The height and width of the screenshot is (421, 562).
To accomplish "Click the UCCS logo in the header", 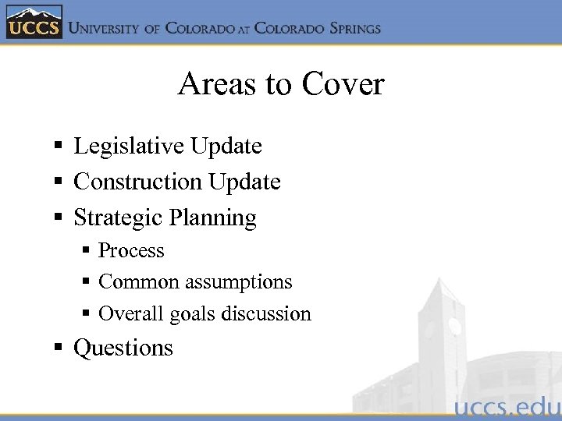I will click(33, 23).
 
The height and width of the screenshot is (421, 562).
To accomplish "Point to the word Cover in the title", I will click(343, 84).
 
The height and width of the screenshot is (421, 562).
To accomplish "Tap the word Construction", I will click(137, 182).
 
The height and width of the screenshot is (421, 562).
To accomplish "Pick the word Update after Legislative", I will click(226, 146).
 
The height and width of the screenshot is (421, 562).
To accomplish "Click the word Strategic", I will click(116, 218).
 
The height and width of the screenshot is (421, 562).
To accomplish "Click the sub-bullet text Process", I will click(131, 251).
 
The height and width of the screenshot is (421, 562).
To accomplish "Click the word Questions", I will click(123, 348).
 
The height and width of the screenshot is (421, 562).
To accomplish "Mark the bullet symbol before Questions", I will click(59, 348).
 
